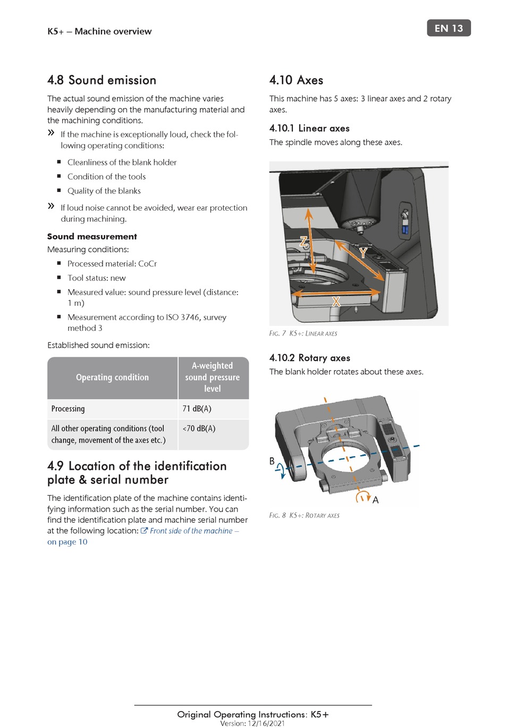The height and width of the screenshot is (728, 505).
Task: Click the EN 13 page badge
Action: (449, 28)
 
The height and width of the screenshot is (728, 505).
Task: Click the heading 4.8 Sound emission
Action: (102, 80)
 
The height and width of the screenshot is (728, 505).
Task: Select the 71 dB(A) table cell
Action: (197, 408)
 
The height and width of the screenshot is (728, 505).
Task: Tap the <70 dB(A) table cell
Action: (199, 428)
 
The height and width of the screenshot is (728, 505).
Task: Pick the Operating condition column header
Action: (112, 377)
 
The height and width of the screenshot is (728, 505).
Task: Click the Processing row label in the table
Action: (68, 408)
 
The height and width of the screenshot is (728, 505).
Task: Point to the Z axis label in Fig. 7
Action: (304, 241)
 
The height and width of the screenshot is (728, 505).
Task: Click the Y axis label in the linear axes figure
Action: (363, 253)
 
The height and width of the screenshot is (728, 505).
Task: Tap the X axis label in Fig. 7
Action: (336, 302)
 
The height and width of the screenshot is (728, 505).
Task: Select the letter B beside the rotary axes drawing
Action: (272, 461)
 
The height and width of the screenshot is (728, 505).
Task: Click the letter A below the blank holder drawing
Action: (375, 500)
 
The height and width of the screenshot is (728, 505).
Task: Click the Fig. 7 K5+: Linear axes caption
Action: (303, 333)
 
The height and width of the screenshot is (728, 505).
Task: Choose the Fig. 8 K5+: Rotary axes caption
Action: (304, 515)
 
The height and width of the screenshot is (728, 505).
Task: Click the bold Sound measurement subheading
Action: (92, 237)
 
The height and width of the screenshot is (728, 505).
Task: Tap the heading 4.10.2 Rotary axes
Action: (309, 358)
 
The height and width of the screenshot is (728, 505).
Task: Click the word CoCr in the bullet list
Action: (147, 264)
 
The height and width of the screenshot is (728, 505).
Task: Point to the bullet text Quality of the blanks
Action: (104, 191)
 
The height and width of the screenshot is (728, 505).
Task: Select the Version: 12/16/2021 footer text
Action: (252, 723)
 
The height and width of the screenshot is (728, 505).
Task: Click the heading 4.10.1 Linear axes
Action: (309, 128)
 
